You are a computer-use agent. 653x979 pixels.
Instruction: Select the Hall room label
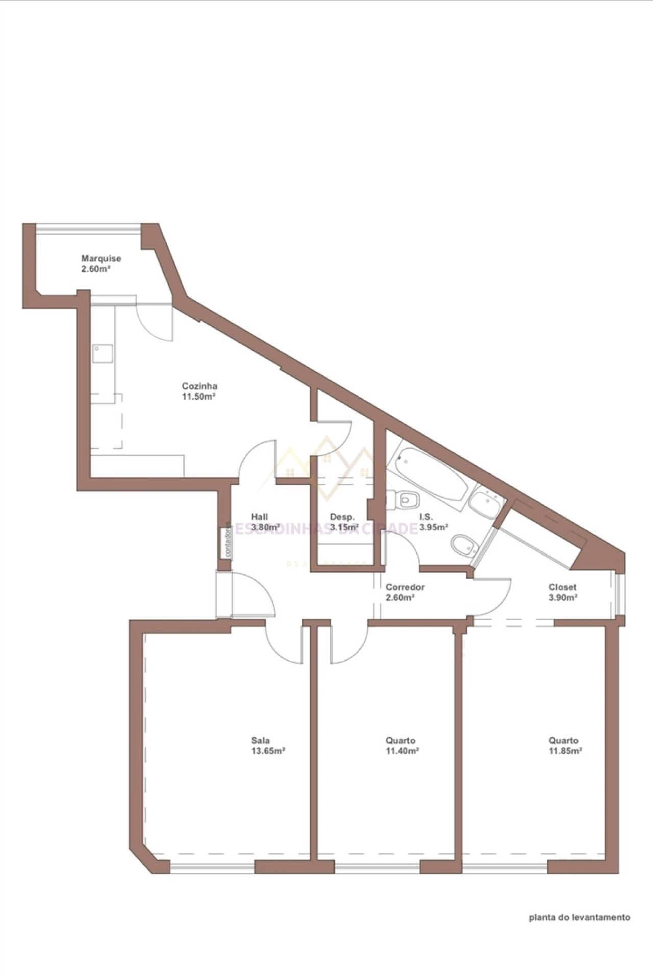pyautogui.click(x=259, y=517)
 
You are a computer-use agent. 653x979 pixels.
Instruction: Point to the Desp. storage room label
pyautogui.click(x=342, y=517)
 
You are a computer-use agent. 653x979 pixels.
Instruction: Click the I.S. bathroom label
pyautogui.click(x=426, y=517)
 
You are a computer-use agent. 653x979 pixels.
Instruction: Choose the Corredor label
pyautogui.click(x=405, y=587)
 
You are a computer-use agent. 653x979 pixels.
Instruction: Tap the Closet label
pyautogui.click(x=563, y=587)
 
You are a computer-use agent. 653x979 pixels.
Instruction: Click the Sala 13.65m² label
pyautogui.click(x=268, y=745)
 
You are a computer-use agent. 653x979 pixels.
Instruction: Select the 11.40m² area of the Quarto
pyautogui.click(x=403, y=751)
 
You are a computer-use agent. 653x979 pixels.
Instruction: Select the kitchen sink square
pyautogui.click(x=103, y=353)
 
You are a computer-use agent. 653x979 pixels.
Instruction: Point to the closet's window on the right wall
pyautogui.click(x=619, y=593)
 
